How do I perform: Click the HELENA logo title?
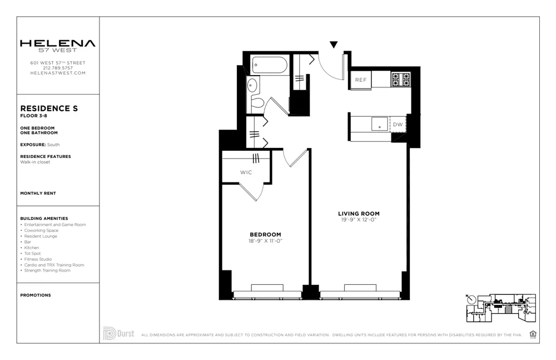point(58,43)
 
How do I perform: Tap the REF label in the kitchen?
point(361,80)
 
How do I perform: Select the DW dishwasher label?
point(398,125)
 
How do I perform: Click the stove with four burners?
point(401,80)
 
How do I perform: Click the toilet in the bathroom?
point(256,102)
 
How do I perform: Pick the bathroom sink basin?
point(252,86)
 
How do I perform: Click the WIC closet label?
point(246,172)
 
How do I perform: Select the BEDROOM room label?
point(265,235)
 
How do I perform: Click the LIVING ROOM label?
point(359,214)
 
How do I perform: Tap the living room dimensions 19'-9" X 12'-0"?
point(359,220)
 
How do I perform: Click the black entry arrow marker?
point(334,45)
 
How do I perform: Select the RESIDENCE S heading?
point(49,109)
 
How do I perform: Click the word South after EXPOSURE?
point(53,145)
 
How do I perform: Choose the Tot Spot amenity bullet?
point(32,253)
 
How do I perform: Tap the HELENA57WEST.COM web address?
point(58,73)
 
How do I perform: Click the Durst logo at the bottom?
point(118,333)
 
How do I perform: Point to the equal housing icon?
point(533,334)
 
